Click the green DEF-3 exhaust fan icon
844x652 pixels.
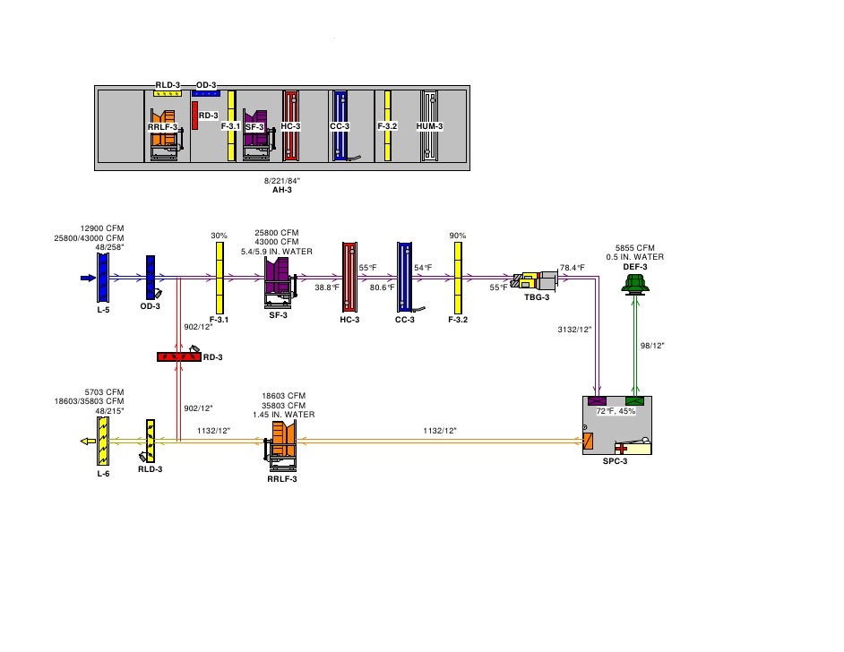[635, 285]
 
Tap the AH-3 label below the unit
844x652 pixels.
[282, 190]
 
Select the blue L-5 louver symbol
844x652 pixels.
[102, 278]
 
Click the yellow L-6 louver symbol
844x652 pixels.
[103, 441]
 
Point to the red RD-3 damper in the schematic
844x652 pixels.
[177, 356]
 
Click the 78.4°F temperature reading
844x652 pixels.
[572, 268]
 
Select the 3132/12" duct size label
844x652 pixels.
[574, 330]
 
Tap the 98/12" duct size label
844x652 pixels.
[652, 345]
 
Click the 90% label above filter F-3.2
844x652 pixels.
[458, 236]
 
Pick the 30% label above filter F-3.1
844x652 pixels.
[219, 236]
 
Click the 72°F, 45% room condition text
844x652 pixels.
[616, 411]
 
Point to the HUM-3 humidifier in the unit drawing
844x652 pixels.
[430, 126]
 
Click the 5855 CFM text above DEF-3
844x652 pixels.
[634, 248]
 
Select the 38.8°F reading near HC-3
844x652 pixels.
[327, 287]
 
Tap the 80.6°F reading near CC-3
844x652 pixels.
[383, 287]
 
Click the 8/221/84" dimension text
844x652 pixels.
[282, 181]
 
